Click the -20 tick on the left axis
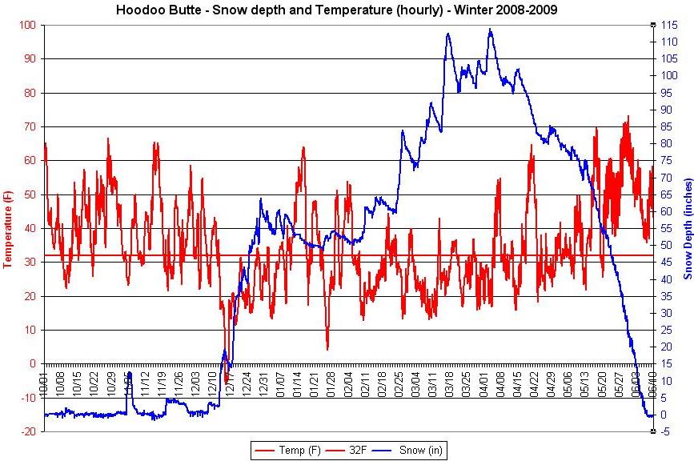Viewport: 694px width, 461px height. coord(27,431)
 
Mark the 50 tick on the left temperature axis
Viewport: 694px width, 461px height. coord(30,194)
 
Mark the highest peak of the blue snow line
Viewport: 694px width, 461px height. coord(490,30)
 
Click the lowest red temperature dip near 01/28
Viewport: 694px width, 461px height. coord(327,349)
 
